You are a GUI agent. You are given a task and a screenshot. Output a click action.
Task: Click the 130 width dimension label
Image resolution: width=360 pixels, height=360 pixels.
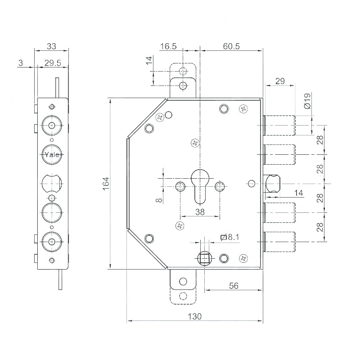194,316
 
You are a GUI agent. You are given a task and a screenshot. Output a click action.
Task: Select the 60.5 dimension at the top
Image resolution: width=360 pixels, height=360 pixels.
231,46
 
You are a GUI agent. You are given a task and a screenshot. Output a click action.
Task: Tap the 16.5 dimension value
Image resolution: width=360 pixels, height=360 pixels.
168,46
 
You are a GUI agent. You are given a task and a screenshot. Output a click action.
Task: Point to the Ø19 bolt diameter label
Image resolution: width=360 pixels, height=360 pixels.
307,101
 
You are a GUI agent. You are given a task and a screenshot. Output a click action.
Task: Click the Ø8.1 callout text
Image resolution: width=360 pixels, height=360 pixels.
230,237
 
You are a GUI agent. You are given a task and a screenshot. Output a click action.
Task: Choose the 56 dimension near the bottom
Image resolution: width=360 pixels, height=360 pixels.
233,286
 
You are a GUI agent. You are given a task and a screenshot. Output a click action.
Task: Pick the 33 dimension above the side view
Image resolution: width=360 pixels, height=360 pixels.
51,46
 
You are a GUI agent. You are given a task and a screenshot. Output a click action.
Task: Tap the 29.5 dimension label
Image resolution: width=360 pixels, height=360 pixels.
52,63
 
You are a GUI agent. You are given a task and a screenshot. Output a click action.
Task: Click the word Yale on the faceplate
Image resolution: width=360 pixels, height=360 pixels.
51,155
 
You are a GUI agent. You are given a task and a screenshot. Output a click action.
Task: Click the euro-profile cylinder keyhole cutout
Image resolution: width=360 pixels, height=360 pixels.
200,184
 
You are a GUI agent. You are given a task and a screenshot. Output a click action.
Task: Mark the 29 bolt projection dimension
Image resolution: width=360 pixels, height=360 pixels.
280,81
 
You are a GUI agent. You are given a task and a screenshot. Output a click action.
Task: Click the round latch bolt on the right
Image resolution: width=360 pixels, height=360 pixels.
273,184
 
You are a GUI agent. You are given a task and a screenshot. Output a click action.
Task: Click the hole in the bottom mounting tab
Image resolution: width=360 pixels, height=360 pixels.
183,281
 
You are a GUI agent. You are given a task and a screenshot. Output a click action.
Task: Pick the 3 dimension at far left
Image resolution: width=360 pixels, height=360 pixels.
21,63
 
